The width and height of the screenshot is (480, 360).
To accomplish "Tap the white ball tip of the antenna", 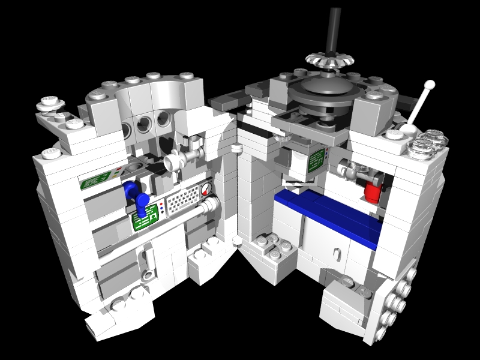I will pos(430,85).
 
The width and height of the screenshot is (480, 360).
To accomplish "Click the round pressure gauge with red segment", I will pos(207,191).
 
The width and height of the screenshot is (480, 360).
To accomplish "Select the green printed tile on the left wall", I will pos(98,179).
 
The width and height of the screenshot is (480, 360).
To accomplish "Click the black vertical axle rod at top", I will pos(331,27).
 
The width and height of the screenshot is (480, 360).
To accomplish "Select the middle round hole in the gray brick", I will pos(144,125).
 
